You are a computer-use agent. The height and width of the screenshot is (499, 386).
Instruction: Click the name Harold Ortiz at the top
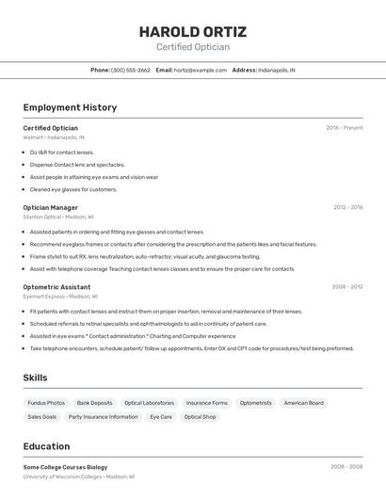pos(192,30)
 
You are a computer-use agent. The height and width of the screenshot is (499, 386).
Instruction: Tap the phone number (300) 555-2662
pos(131,70)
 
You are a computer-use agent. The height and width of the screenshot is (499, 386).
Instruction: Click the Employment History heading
pos(70,107)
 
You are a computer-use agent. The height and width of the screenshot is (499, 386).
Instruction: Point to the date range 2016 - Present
pos(344,128)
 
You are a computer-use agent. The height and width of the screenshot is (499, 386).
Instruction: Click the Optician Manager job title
pos(51,207)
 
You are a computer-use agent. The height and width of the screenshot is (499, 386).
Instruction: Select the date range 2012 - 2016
pos(347,207)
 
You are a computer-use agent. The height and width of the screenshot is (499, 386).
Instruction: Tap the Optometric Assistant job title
pos(56,286)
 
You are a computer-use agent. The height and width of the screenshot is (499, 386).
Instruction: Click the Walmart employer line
pos(54,137)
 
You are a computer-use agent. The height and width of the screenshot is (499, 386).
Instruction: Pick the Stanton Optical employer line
pos(59,217)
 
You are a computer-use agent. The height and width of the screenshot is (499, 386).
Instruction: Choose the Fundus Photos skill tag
pos(46,403)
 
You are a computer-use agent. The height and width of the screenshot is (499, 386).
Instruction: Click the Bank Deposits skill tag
pos(94,403)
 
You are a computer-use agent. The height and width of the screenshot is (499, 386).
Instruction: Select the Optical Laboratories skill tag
pos(149,403)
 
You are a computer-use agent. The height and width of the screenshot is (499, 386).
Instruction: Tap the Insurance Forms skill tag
pos(206,403)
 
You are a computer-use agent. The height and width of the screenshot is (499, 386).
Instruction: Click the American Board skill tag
pos(303,403)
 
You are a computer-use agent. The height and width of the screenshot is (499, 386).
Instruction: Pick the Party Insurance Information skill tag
pos(103,416)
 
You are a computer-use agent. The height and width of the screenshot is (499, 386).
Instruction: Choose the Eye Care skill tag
pos(161,416)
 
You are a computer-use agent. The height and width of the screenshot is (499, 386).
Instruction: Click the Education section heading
pos(46,446)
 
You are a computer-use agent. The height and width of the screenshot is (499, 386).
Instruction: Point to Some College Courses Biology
pos(65,467)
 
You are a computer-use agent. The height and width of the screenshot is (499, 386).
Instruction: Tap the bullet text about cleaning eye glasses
pos(73,189)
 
